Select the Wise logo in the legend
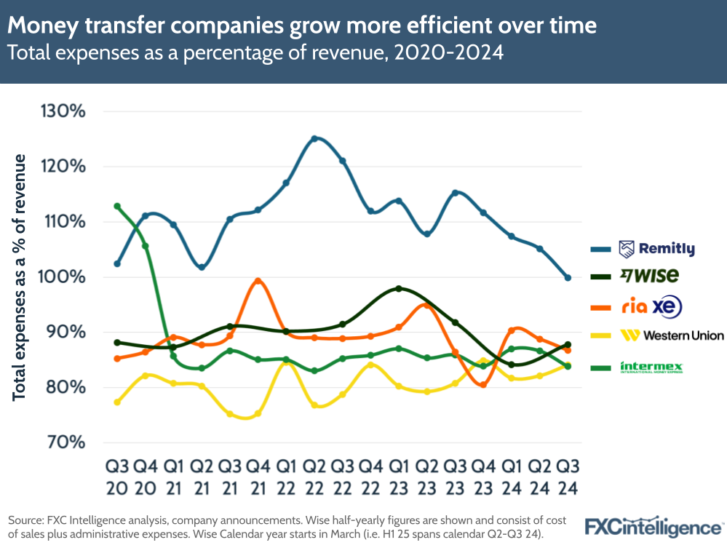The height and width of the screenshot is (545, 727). pyautogui.click(x=649, y=275)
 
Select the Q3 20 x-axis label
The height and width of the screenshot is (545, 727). pyautogui.click(x=116, y=476)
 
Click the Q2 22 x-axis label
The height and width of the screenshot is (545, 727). pyautogui.click(x=314, y=476)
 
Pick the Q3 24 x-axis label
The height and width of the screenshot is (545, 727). pyautogui.click(x=568, y=476)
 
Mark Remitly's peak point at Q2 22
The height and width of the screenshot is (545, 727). pyautogui.click(x=314, y=138)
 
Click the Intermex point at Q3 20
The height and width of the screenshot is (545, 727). pyautogui.click(x=117, y=206)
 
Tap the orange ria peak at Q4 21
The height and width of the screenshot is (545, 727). pyautogui.click(x=258, y=281)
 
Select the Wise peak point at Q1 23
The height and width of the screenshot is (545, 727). pyautogui.click(x=398, y=289)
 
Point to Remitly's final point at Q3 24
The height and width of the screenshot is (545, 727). pyautogui.click(x=568, y=277)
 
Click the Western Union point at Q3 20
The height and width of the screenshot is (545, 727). pyautogui.click(x=117, y=402)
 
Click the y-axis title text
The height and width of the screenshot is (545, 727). pyautogui.click(x=20, y=277)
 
